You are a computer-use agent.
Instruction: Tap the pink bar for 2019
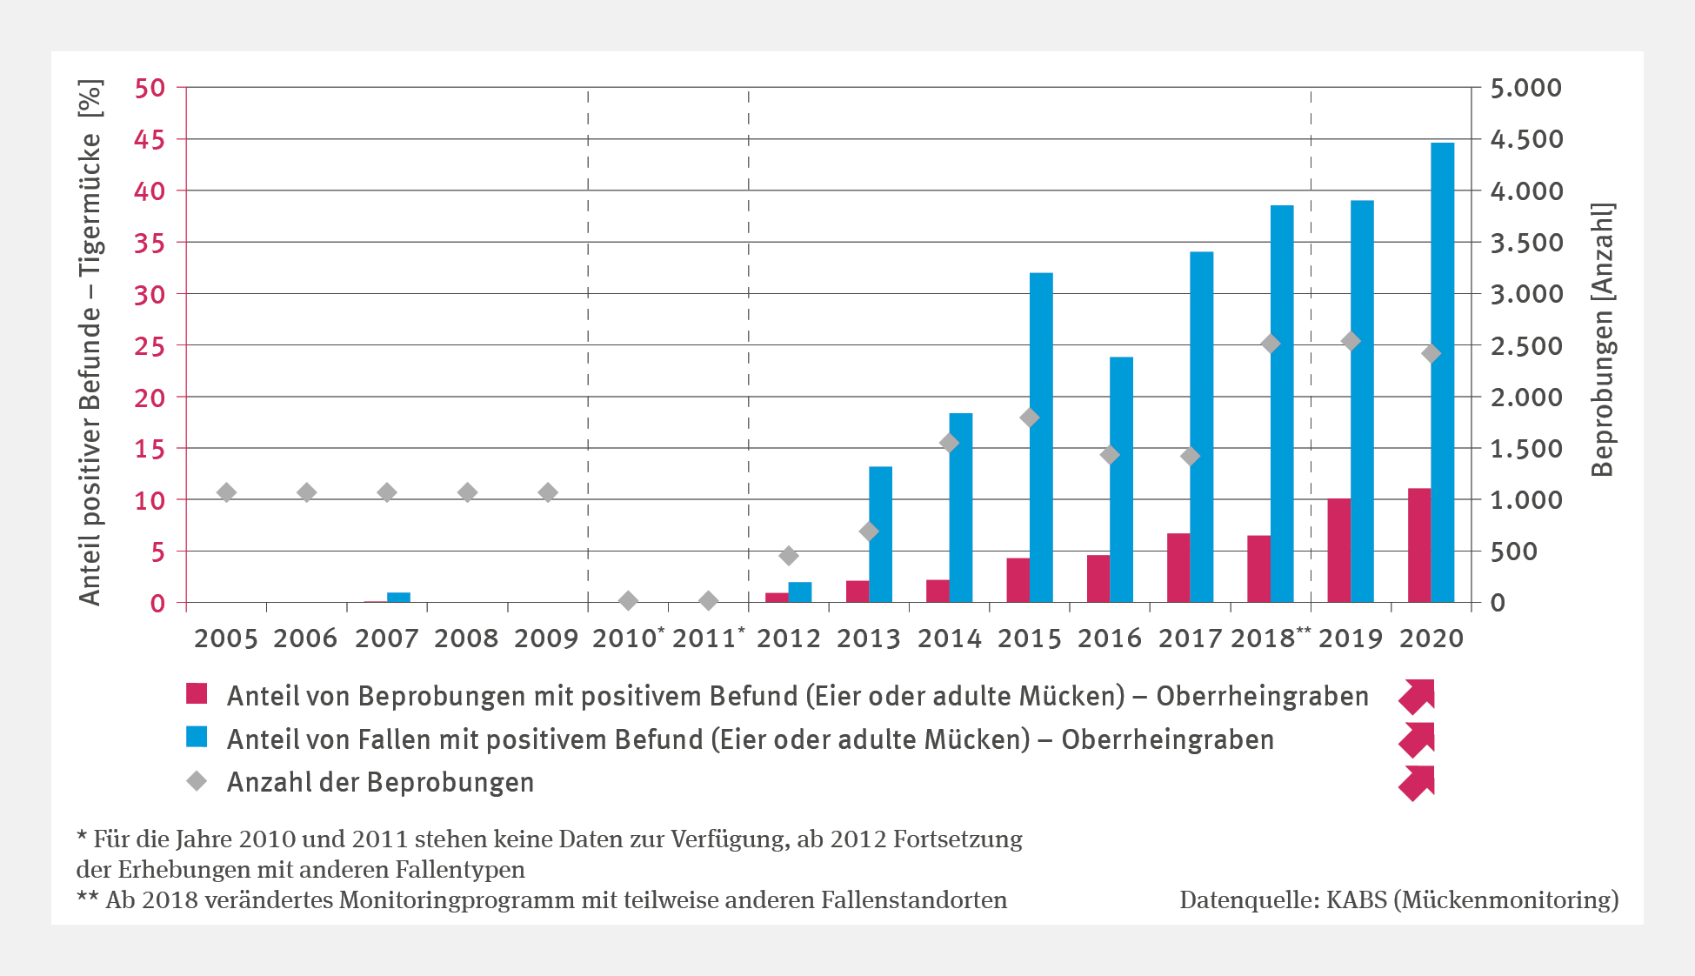coord(1338,551)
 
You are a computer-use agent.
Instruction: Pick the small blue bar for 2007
coord(398,597)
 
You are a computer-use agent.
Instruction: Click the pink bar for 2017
coord(1178,568)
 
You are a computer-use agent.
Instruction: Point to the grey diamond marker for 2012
coord(789,556)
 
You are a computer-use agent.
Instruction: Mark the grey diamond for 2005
coord(226,492)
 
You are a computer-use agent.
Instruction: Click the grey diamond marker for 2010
coord(628,600)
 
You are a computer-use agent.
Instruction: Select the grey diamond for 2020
coord(1431,353)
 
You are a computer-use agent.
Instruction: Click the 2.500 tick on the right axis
coord(1526,345)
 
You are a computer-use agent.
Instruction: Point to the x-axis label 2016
coord(1110,638)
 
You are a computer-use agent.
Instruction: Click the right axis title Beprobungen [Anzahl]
coord(1602,339)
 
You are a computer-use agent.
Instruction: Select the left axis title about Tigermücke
coord(90,343)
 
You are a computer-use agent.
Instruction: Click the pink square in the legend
coord(197,694)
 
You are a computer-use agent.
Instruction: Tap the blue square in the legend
coord(197,738)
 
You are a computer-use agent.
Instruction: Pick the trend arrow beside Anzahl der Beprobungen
coord(1417,783)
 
